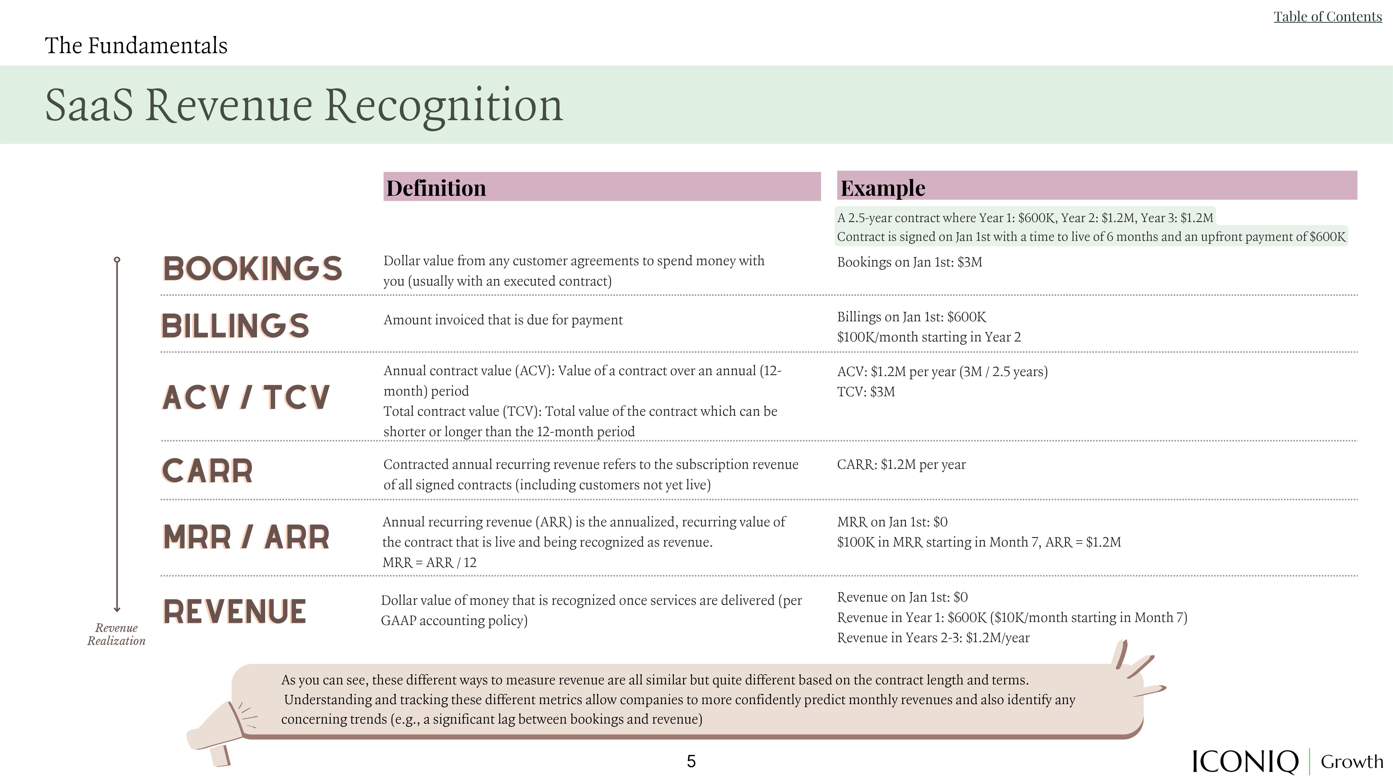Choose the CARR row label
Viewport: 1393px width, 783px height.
[x=207, y=471]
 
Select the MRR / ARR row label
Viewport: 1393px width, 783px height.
[x=246, y=537]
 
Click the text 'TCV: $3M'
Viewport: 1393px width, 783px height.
[x=866, y=392]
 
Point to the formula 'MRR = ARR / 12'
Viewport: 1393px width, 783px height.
[x=429, y=563]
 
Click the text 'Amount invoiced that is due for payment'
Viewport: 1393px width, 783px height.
[x=503, y=320]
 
